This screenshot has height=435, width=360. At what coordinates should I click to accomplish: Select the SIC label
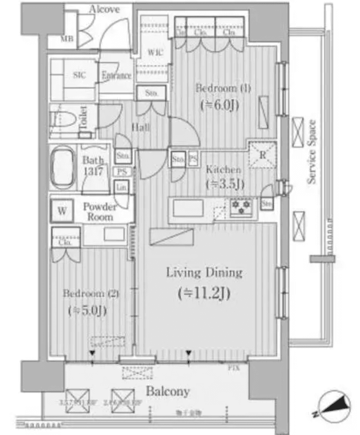pyautogui.click(x=79, y=75)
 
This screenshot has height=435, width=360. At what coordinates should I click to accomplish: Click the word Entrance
pyautogui.click(x=116, y=76)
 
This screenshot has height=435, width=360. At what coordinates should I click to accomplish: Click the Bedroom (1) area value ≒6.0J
pyautogui.click(x=222, y=105)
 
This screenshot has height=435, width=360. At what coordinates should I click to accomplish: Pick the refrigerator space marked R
pyautogui.click(x=262, y=155)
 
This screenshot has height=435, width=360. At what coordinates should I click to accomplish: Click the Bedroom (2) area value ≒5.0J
pyautogui.click(x=87, y=310)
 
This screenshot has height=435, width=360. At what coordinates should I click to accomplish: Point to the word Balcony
pyautogui.click(x=168, y=391)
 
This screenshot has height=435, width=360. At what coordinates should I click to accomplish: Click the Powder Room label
pyautogui.click(x=99, y=212)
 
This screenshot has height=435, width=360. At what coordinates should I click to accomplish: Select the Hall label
pyautogui.click(x=141, y=127)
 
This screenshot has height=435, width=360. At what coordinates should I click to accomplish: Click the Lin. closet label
pyautogui.click(x=120, y=187)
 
